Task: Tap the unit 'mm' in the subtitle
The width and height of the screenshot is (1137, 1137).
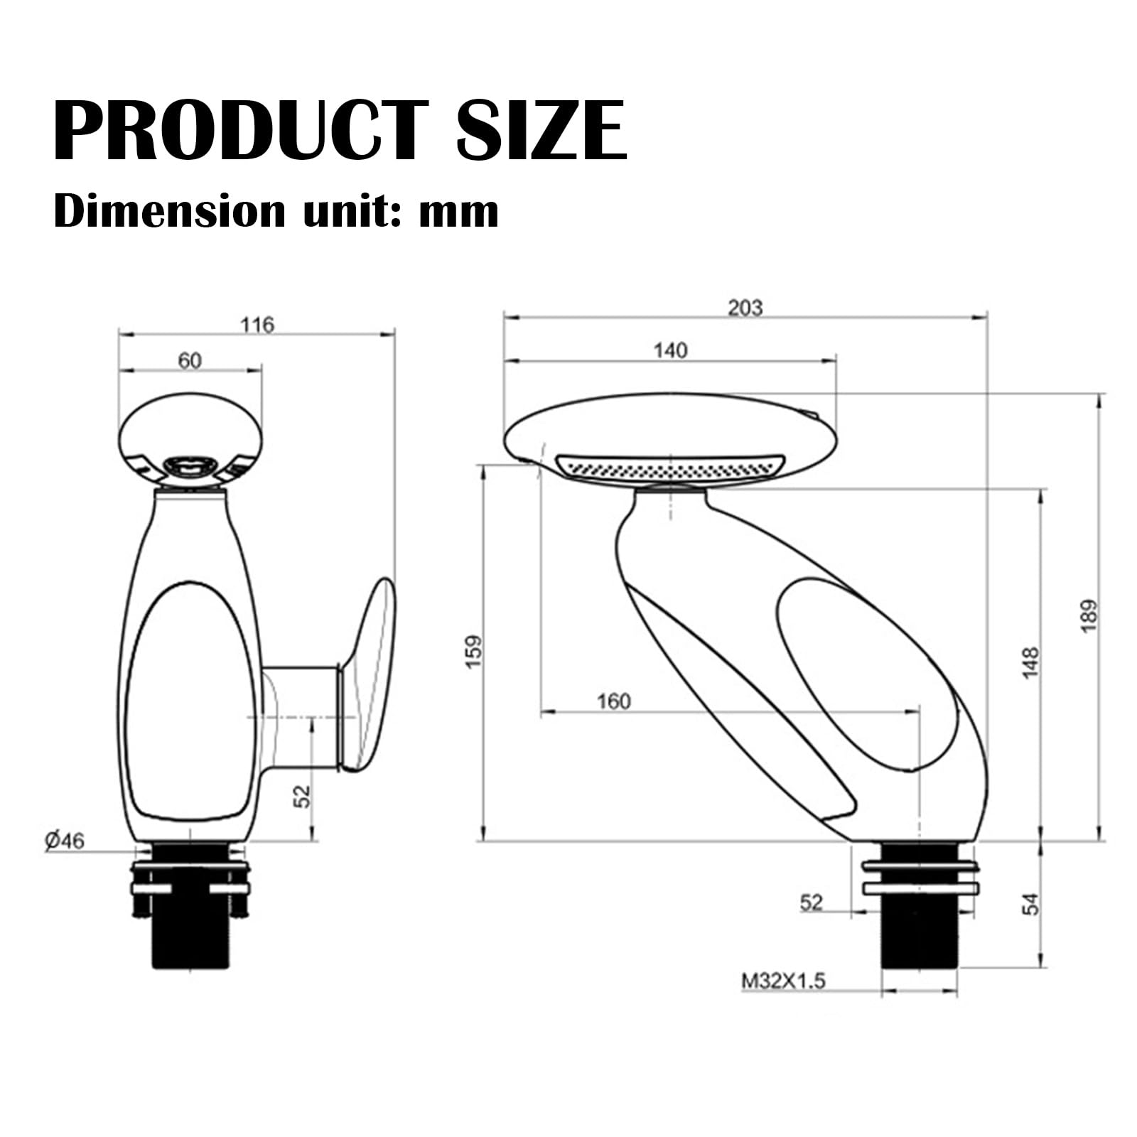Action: pos(458,211)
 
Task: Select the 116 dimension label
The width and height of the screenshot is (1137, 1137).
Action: pos(257,325)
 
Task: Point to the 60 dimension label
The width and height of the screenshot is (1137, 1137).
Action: pos(189,361)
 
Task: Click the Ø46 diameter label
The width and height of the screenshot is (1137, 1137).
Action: pos(65,841)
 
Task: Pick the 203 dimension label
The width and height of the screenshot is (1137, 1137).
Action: pos(745,308)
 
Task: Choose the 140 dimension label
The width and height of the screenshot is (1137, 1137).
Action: pos(670,350)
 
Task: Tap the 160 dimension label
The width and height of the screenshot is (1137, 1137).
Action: pos(613,701)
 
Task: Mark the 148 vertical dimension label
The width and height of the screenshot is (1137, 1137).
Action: pos(1030,662)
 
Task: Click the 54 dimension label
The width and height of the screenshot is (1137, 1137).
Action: pos(1030,904)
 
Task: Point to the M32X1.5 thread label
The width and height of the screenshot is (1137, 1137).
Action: pos(784,981)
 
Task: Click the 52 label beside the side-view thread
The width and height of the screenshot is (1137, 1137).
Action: pos(811,902)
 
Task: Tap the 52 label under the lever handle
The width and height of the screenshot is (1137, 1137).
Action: pos(303,795)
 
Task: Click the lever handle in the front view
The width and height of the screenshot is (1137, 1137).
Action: pos(370,675)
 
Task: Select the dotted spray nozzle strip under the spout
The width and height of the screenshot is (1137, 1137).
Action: pos(669,468)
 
